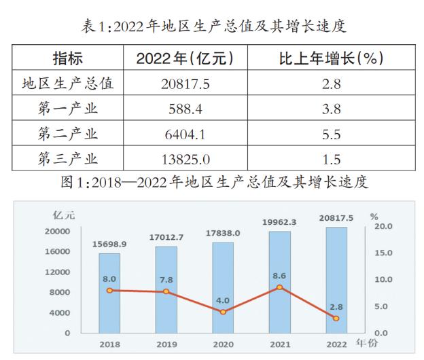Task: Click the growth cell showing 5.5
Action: tap(332, 134)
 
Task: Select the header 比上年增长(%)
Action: tap(332, 58)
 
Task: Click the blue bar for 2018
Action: tap(109, 299)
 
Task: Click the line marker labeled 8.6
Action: tap(279, 288)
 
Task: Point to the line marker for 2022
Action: tap(336, 318)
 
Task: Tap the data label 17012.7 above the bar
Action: tap(165, 237)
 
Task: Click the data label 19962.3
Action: tap(279, 221)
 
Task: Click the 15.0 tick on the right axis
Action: tap(384, 253)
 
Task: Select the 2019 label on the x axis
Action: tap(166, 345)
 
